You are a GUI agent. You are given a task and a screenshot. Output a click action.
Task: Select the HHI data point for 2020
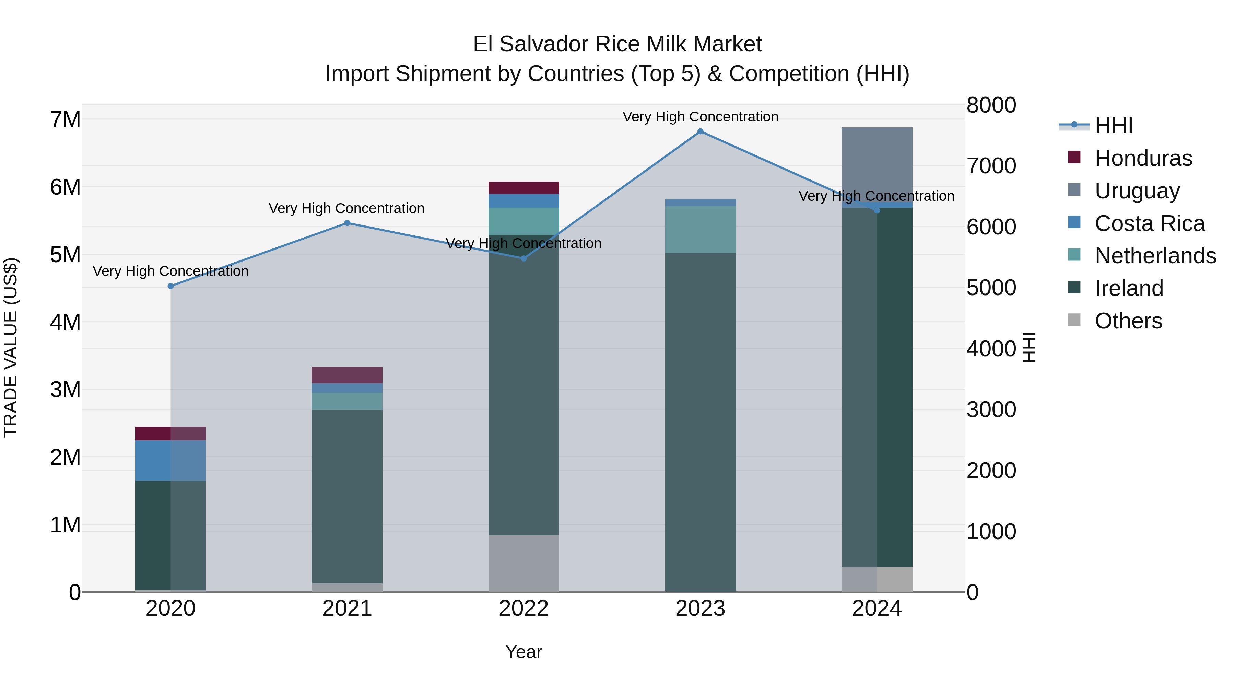coord(171,286)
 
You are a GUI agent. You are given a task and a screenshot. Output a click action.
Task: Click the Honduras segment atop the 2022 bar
coord(524,187)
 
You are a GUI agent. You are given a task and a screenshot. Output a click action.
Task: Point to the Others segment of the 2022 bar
coord(524,563)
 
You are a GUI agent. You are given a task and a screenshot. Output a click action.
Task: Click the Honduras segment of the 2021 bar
coord(347,375)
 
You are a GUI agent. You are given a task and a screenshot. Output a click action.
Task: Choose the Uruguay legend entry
coord(1137,191)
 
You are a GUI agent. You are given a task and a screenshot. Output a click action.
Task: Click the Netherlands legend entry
coord(1155,256)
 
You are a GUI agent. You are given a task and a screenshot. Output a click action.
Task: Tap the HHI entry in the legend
coord(1113,126)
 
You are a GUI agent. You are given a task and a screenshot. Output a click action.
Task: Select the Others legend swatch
coord(1074,320)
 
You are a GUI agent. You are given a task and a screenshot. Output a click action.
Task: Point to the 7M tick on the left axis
coord(65,119)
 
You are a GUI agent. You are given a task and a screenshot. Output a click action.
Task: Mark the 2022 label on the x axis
coord(524,609)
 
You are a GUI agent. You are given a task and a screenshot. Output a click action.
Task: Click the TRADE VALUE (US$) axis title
coord(11,347)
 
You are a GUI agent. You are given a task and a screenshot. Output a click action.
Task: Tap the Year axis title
coord(524,652)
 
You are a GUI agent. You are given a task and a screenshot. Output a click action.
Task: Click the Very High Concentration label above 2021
coord(346,208)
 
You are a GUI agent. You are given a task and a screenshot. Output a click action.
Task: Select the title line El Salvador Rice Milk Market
coord(617,44)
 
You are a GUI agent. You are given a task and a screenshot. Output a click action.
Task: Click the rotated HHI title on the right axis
coord(1029,347)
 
